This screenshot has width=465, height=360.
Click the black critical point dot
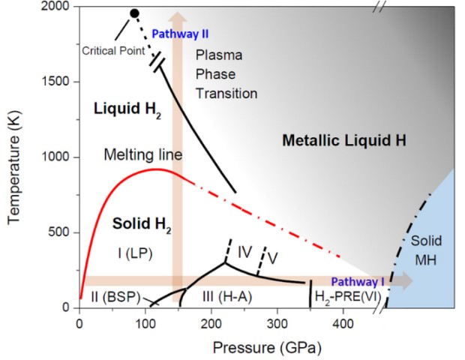pos(134,13)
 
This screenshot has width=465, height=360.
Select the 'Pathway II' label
pos(180,34)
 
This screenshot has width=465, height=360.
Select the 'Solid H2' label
pos(139,223)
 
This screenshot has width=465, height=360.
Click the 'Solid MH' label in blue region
pos(427,250)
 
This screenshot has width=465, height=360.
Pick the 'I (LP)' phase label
pos(136,253)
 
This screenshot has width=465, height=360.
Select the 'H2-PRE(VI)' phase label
pos(341,295)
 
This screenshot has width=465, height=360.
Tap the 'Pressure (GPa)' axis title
pos(256,347)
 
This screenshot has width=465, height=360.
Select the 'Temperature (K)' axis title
pos(13,157)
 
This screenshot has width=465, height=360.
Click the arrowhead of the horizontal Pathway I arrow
pos(405,281)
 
